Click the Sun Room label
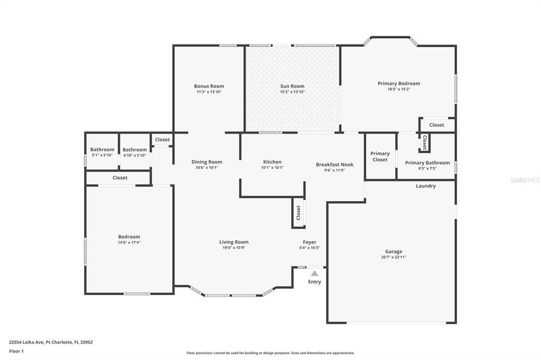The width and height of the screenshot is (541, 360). pyautogui.click(x=292, y=86)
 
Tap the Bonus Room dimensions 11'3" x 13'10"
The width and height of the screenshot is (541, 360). pyautogui.click(x=209, y=92)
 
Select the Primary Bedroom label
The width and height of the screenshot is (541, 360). pyautogui.click(x=398, y=83)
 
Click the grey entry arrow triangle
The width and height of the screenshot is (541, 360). pyautogui.click(x=314, y=273)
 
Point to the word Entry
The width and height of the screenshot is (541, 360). pyautogui.click(x=314, y=282)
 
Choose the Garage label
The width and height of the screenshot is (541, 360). pyautogui.click(x=393, y=252)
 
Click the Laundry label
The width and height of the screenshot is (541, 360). pyautogui.click(x=425, y=186)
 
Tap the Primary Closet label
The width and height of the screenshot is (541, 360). pyautogui.click(x=380, y=156)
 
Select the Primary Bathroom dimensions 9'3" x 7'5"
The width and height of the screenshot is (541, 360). pyautogui.click(x=427, y=168)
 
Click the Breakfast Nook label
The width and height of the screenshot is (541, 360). pyautogui.click(x=334, y=164)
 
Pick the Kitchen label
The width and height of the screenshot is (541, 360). pyautogui.click(x=272, y=162)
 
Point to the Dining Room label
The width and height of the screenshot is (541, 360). pyautogui.click(x=207, y=162)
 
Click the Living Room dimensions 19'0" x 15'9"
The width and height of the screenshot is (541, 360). pyautogui.click(x=234, y=248)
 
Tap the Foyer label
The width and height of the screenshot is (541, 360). pyautogui.click(x=310, y=242)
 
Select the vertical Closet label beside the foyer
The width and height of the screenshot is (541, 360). pyautogui.click(x=299, y=213)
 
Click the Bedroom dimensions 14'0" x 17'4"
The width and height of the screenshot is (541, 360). pyautogui.click(x=129, y=242)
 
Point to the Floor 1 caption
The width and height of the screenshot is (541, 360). pyautogui.click(x=16, y=351)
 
